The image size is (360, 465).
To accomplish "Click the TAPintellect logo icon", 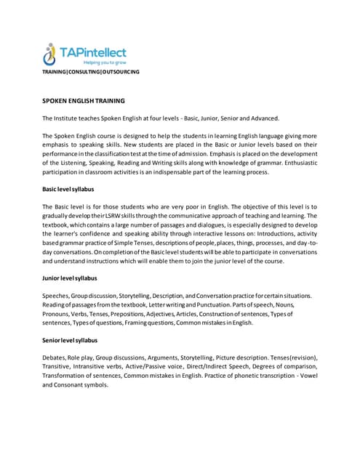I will (x=51, y=54).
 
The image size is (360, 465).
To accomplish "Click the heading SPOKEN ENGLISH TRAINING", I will (x=84, y=100).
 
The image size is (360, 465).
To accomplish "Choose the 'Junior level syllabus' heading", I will (x=70, y=278).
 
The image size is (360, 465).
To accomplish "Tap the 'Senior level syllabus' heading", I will (x=70, y=340).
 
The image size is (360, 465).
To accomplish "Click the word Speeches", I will (x=58, y=296).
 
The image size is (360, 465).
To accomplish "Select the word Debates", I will (x=56, y=358).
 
